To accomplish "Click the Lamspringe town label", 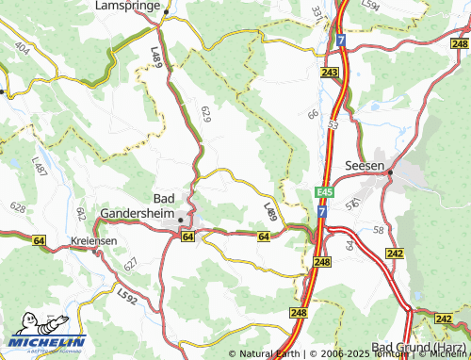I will coord(126,6).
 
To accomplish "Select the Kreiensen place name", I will coord(93,241).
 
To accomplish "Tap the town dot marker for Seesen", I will coord(390,172).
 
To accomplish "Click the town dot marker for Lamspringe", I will coord(165,12).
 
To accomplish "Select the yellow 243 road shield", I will coord(329,73).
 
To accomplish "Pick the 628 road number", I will coord(18,205).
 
